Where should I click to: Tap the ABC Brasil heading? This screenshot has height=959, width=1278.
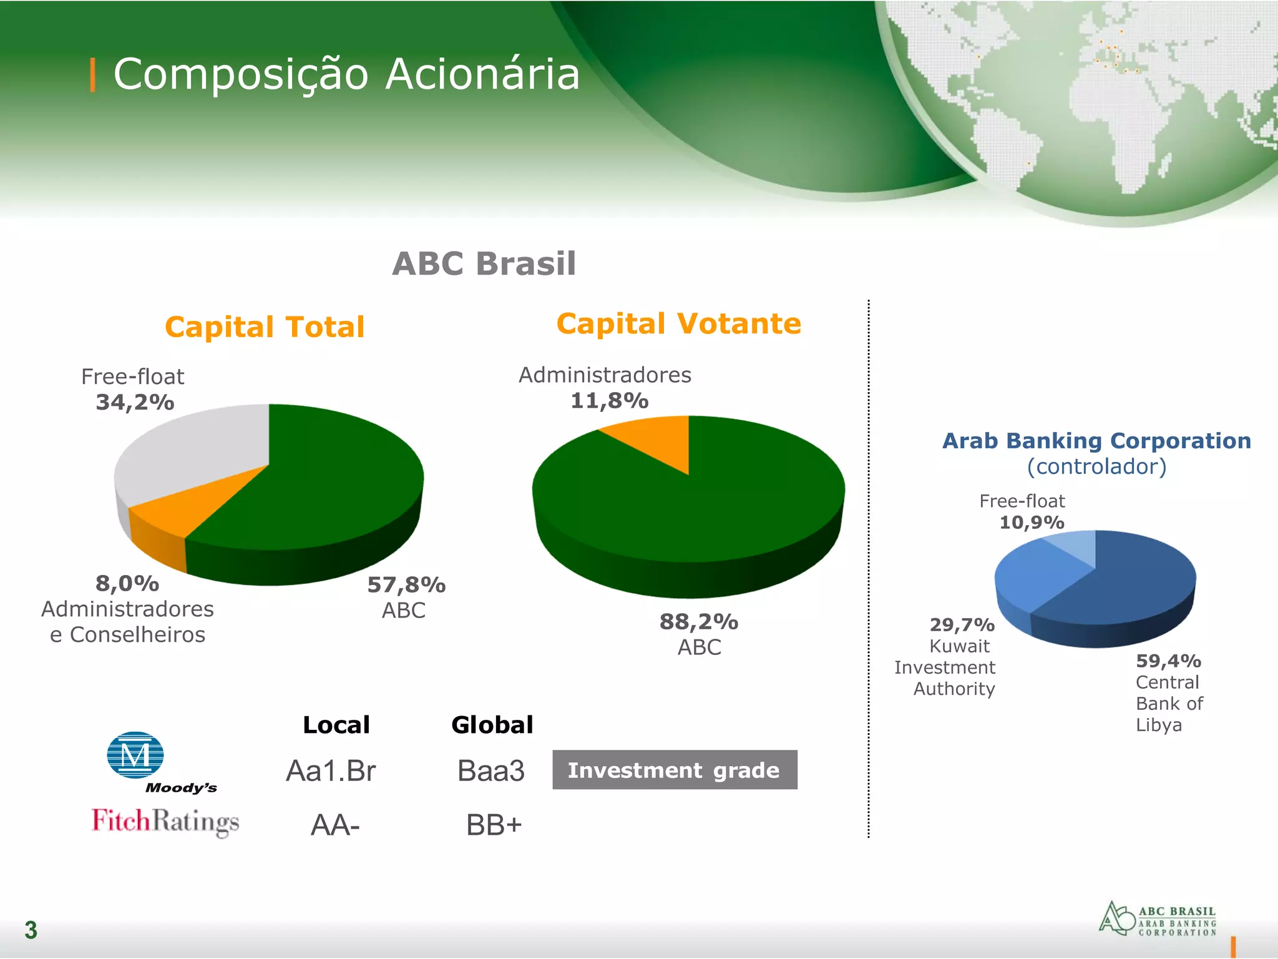pyautogui.click(x=484, y=263)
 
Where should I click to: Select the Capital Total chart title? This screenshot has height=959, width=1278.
pyautogui.click(x=265, y=327)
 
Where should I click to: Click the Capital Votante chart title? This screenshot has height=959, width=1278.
pyautogui.click(x=678, y=324)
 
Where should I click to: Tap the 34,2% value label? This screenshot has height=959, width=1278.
pyautogui.click(x=135, y=403)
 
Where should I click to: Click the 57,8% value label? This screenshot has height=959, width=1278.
pyautogui.click(x=406, y=585)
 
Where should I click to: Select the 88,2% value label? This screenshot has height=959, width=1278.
pyautogui.click(x=699, y=622)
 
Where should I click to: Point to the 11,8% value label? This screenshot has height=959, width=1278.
pyautogui.click(x=610, y=401)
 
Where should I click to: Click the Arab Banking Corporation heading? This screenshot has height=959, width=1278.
pyautogui.click(x=1096, y=441)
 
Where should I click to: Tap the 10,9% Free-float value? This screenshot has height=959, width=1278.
pyautogui.click(x=1032, y=523)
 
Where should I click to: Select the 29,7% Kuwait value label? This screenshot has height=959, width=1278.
pyautogui.click(x=962, y=625)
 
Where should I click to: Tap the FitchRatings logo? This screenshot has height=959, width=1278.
pyautogui.click(x=165, y=822)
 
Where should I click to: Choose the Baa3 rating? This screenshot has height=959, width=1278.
pyautogui.click(x=490, y=771)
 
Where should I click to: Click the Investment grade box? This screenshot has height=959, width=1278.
pyautogui.click(x=674, y=770)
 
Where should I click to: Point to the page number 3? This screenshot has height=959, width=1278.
pyautogui.click(x=31, y=930)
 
